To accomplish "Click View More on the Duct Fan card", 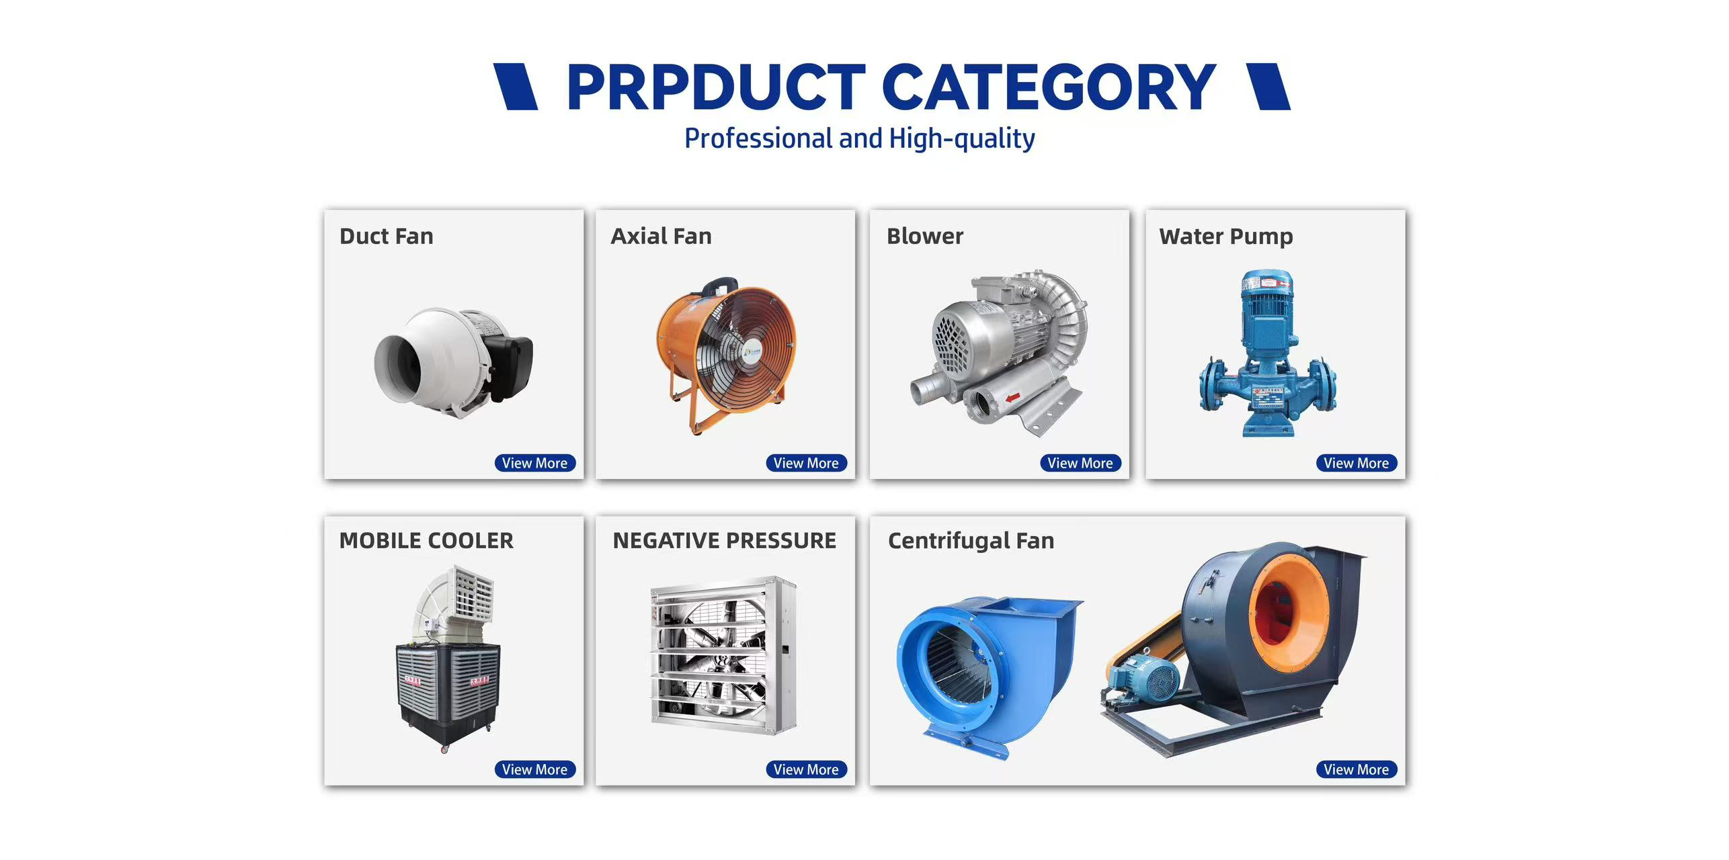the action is (x=534, y=463).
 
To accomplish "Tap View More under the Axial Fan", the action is (x=806, y=463).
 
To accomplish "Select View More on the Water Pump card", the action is (x=1356, y=463).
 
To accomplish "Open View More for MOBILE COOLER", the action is (x=534, y=769).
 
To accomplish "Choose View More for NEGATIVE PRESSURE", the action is (x=806, y=769).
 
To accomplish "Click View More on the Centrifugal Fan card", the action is (x=1356, y=769).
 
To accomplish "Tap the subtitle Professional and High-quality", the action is (x=860, y=138).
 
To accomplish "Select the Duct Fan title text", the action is (x=387, y=236).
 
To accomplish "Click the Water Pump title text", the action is (x=1226, y=236).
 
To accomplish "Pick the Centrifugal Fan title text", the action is (x=971, y=541).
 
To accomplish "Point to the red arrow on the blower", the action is (x=1013, y=398).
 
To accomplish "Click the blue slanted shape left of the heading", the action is (x=516, y=87).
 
